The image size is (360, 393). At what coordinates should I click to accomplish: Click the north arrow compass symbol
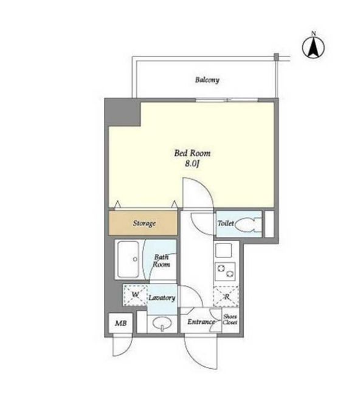click(x=313, y=47)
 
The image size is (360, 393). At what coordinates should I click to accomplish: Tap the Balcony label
click(x=207, y=80)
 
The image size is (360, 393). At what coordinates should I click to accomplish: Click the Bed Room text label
click(x=192, y=153)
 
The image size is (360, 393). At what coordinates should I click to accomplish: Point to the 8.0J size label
click(x=192, y=164)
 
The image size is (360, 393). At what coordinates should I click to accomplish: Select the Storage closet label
click(x=144, y=223)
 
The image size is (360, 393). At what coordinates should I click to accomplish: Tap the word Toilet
click(x=226, y=223)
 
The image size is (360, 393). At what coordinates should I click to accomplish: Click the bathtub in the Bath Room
click(x=128, y=259)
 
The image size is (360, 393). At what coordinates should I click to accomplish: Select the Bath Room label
click(x=161, y=261)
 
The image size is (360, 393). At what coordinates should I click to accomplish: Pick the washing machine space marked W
click(x=135, y=295)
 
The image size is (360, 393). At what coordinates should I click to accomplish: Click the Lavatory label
click(x=162, y=298)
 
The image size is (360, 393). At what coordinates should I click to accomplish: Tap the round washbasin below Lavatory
click(x=162, y=323)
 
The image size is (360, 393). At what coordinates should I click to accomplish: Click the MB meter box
click(x=120, y=323)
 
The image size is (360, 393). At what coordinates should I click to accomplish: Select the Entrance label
click(x=201, y=321)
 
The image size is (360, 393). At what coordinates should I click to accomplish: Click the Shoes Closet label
click(x=230, y=320)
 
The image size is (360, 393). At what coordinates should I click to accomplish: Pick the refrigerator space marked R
click(x=226, y=296)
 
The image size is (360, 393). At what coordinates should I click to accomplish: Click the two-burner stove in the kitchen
click(x=225, y=272)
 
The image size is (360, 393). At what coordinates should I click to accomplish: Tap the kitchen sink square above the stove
click(x=224, y=250)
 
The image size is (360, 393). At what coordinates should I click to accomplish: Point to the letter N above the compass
click(x=313, y=33)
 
